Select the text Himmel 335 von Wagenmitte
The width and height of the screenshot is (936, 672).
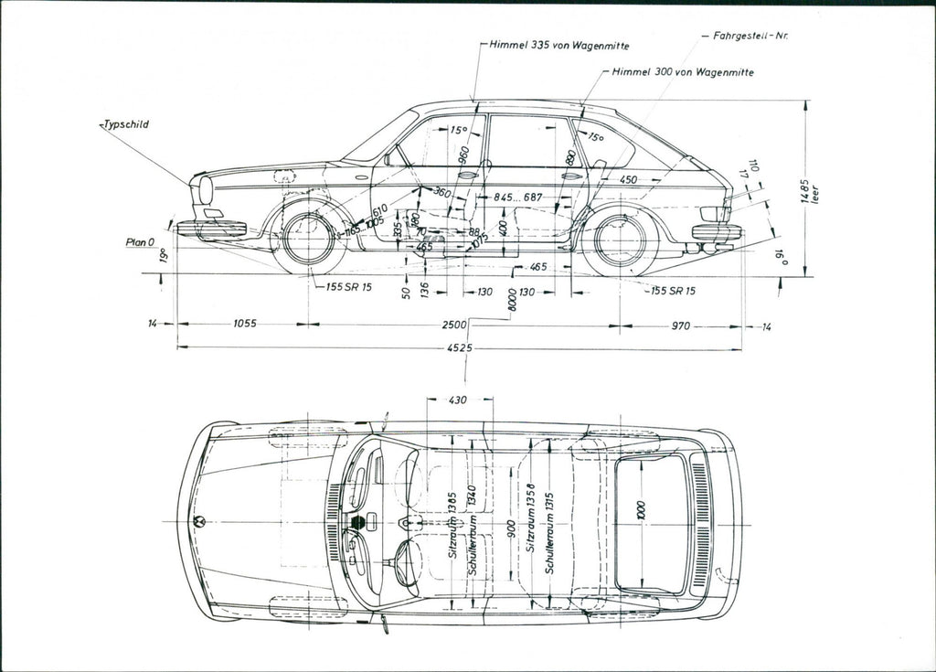[559, 45]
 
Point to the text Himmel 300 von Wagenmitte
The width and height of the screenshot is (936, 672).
[683, 71]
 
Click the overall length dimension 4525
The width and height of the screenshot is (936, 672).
[461, 348]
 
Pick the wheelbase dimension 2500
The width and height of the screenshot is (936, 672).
[454, 325]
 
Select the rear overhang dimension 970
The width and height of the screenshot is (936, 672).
[679, 325]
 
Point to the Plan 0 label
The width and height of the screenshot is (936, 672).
[140, 243]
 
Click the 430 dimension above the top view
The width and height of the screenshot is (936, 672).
[459, 400]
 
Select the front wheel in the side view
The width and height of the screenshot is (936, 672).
[308, 239]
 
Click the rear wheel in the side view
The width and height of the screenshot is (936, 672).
[621, 240]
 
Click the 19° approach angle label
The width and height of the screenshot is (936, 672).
[163, 256]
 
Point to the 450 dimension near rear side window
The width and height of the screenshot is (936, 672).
[628, 181]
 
